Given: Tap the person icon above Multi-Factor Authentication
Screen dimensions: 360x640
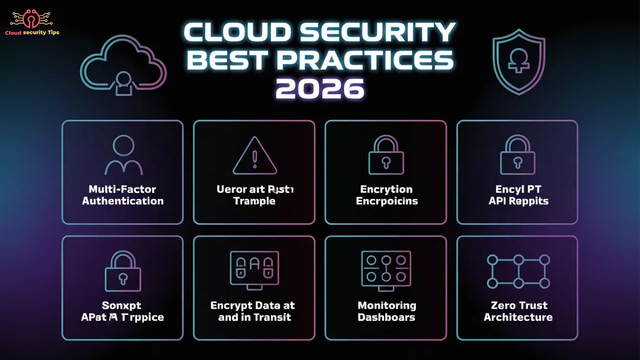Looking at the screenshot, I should click(x=123, y=155).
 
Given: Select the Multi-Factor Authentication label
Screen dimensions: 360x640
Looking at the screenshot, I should click(x=123, y=195).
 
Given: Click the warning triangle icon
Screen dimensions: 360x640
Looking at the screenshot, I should click(x=254, y=156).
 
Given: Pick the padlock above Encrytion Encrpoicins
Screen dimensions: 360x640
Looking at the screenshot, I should click(x=386, y=155).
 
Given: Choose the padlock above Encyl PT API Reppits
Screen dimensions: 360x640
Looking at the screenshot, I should click(x=517, y=155).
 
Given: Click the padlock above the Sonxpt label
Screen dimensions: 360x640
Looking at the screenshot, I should click(x=123, y=272).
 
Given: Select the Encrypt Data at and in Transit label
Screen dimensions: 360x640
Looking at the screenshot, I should click(x=253, y=311).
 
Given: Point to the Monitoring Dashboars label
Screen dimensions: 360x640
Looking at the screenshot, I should click(x=386, y=311).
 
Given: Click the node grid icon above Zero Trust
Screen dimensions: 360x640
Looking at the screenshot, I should click(x=517, y=271).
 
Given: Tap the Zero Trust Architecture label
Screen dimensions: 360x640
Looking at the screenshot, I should click(x=518, y=311).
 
